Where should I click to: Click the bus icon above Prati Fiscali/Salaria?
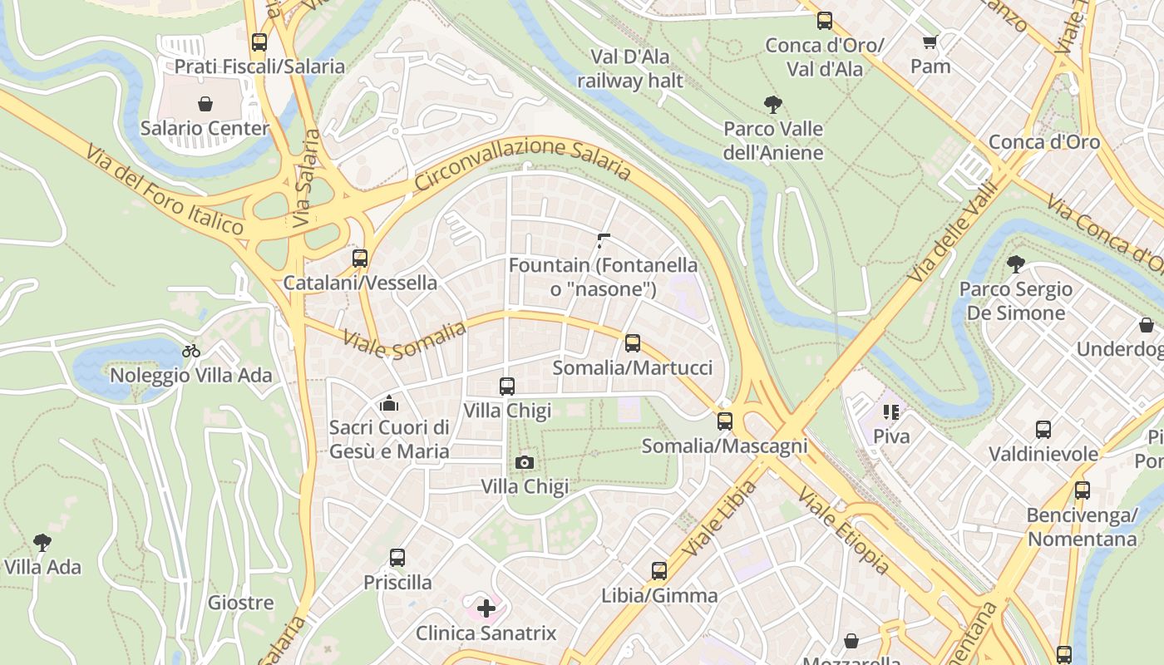tap(259, 42)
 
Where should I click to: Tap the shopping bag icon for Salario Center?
tap(205, 104)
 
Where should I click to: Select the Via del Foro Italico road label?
tap(164, 190)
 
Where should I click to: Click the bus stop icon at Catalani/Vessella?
tap(360, 259)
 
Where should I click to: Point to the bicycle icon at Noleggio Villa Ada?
tap(191, 351)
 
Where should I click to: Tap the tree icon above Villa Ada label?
tap(42, 543)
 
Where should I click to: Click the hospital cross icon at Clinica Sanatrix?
tap(486, 608)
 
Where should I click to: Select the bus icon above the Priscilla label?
tap(397, 558)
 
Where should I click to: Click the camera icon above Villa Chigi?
tap(525, 462)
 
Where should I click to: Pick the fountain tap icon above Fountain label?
tap(604, 241)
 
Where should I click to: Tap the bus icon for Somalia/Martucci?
tap(633, 342)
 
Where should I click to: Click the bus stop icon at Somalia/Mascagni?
tap(725, 421)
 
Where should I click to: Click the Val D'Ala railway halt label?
tap(629, 69)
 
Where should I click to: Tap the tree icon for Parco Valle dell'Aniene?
tap(773, 105)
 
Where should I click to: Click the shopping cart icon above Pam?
tap(930, 42)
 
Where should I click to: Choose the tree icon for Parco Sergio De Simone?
tap(1015, 265)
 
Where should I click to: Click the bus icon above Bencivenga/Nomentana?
tap(1082, 490)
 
